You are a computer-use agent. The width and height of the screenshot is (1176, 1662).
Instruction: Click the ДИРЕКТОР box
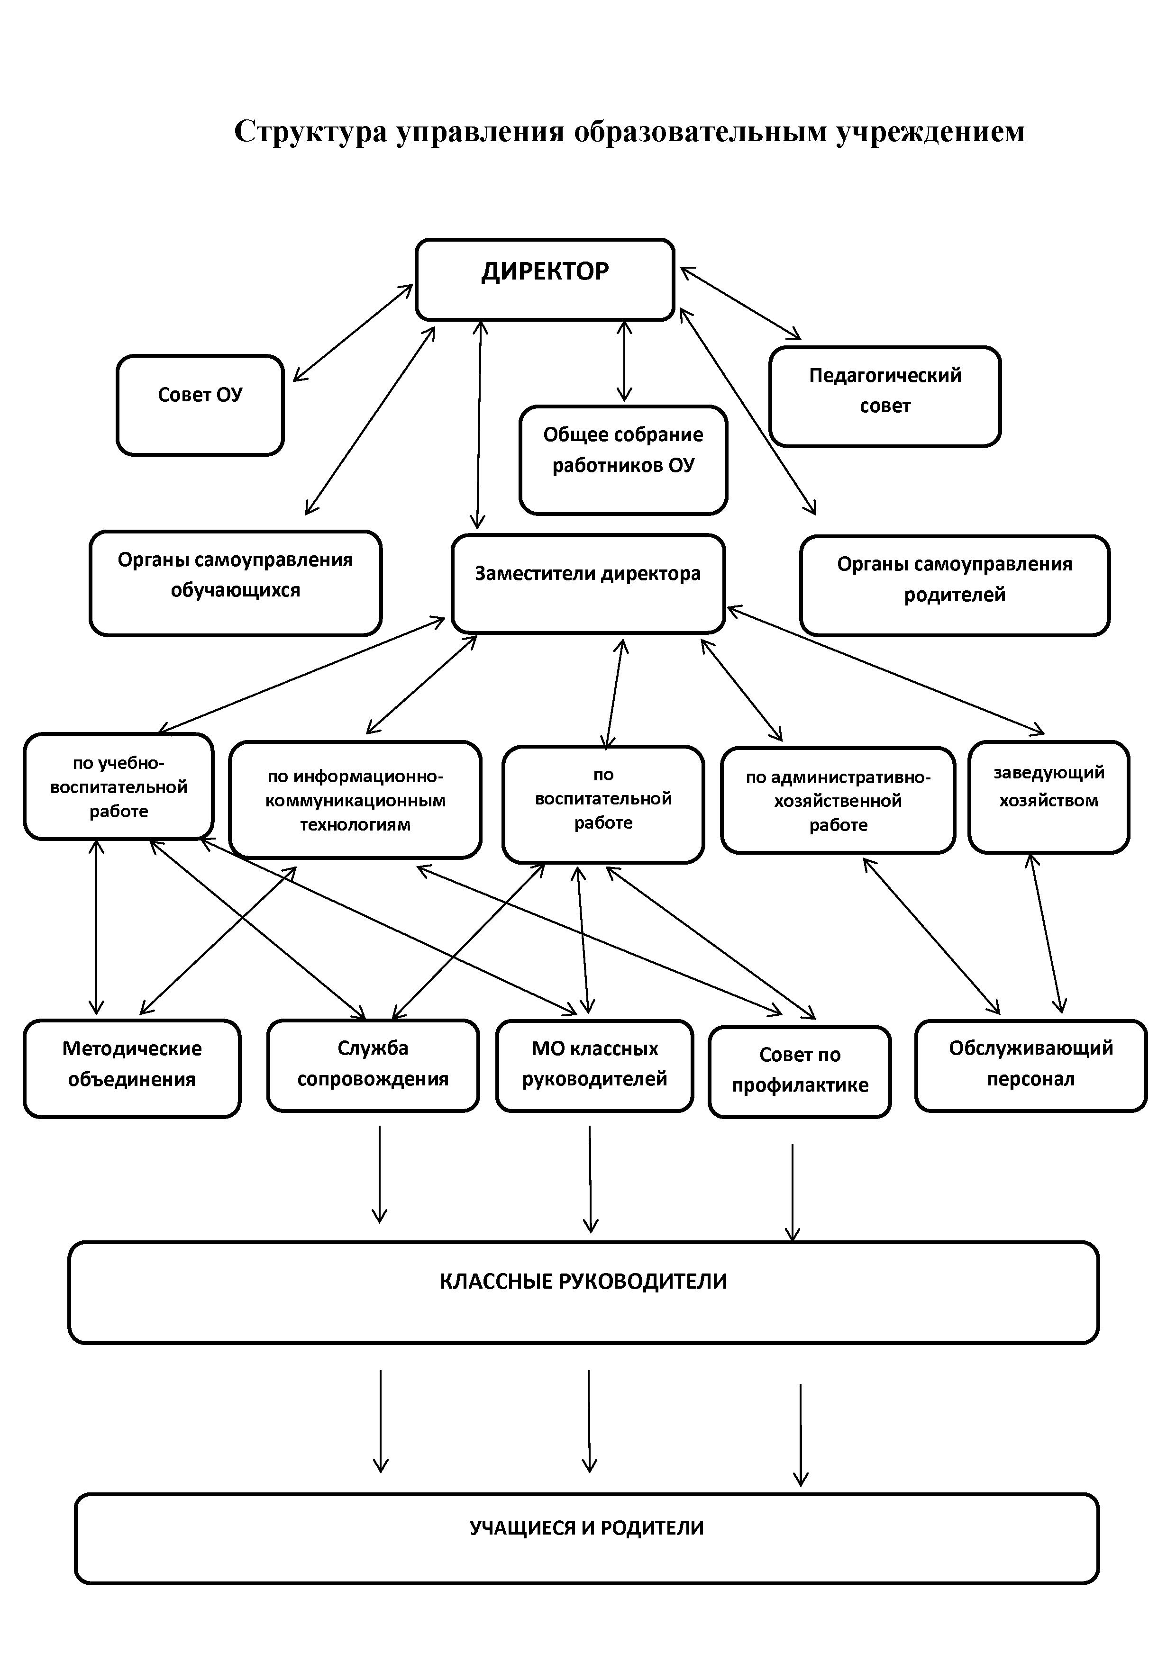tap(545, 280)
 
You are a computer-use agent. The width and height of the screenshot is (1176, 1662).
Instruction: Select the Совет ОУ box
tap(200, 406)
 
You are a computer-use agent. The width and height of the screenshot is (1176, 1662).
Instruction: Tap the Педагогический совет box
tap(885, 397)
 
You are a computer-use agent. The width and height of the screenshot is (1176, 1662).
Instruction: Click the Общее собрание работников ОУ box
tap(623, 461)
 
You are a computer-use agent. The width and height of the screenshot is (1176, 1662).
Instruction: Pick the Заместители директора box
tap(588, 583)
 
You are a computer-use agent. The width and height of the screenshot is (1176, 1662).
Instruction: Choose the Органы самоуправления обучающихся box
tap(236, 583)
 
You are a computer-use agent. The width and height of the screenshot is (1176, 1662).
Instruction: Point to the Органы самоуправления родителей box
tap(955, 586)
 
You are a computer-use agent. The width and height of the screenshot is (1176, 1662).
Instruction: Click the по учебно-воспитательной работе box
tap(119, 787)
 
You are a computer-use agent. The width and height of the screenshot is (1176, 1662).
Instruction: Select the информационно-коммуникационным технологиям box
tap(355, 800)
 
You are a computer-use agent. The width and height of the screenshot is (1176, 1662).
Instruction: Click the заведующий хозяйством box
tap(1048, 797)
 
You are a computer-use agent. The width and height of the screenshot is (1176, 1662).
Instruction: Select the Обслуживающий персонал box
tap(1030, 1066)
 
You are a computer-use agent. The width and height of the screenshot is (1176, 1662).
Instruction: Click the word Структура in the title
tap(310, 132)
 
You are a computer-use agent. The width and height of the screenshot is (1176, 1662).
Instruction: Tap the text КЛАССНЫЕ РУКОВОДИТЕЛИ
tap(583, 1281)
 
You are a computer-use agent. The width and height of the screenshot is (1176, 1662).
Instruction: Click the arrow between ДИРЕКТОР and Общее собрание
tap(623, 361)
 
